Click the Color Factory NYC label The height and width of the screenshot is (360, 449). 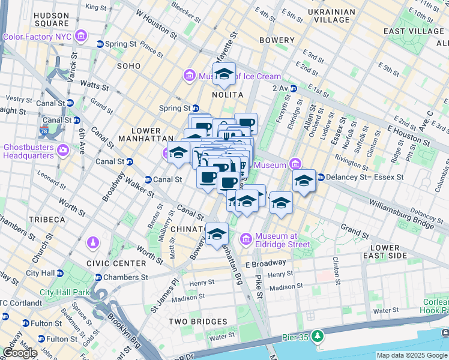(x=37, y=37)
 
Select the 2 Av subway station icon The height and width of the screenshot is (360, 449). (x=293, y=88)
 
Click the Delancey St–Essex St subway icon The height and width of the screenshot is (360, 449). (x=321, y=177)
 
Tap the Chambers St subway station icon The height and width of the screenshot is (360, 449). (x=98, y=277)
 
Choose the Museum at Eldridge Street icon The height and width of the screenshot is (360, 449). (x=246, y=240)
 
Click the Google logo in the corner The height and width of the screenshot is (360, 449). (x=20, y=353)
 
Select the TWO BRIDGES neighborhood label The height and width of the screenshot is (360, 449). (x=197, y=322)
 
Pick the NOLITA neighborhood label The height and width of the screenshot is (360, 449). (x=227, y=95)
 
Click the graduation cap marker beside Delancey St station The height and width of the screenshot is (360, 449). (x=304, y=181)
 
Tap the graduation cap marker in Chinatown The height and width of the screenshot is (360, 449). (x=217, y=234)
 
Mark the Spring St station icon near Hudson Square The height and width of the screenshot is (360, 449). (x=100, y=44)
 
